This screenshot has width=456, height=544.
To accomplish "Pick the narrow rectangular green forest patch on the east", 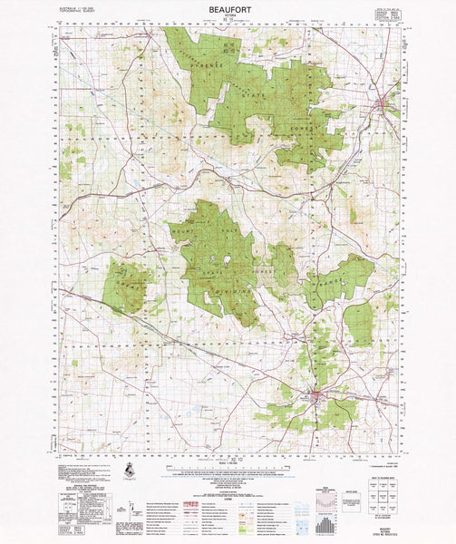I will click(x=359, y=324).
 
